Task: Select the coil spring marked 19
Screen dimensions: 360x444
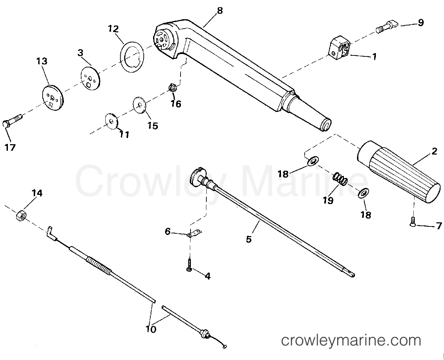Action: pyautogui.click(x=339, y=179)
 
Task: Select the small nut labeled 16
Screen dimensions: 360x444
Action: pyautogui.click(x=172, y=88)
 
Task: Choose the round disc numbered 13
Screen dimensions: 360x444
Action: pyautogui.click(x=53, y=98)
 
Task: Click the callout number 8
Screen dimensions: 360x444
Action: pyautogui.click(x=220, y=11)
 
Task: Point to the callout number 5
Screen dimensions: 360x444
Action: pyautogui.click(x=249, y=239)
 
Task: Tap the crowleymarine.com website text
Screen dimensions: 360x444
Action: pyautogui.click(x=351, y=340)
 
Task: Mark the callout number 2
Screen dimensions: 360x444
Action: pyautogui.click(x=434, y=151)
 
